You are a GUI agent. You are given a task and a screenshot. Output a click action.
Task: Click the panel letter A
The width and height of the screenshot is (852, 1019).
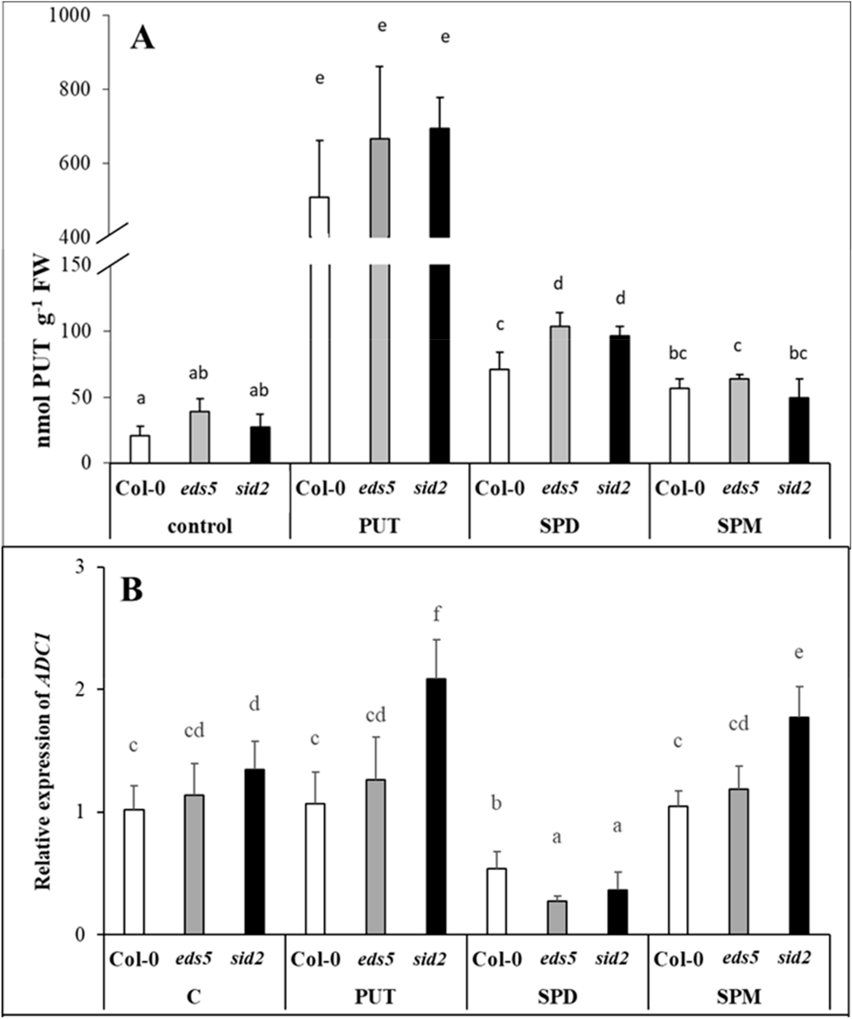pos(142,39)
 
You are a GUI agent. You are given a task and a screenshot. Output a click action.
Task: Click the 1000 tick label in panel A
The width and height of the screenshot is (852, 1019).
pos(69,16)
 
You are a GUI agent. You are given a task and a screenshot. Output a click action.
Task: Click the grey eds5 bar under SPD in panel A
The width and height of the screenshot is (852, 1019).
pos(560,394)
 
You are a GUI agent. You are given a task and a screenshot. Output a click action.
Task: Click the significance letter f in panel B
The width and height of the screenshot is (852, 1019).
pos(437,614)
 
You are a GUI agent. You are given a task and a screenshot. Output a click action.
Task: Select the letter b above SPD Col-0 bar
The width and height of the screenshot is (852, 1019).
pos(496,803)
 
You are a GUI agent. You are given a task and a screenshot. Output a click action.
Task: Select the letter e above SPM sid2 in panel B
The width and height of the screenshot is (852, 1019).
pos(799,653)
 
